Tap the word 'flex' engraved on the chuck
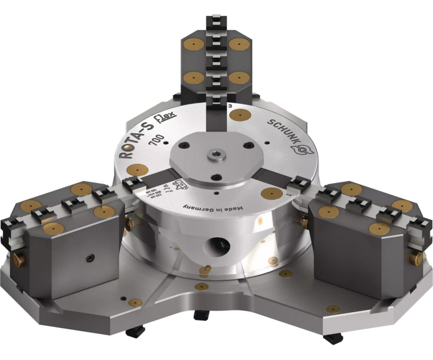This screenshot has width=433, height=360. click(x=163, y=123)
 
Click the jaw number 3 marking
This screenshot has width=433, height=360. click(x=229, y=107)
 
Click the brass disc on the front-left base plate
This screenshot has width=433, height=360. click(x=135, y=303)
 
